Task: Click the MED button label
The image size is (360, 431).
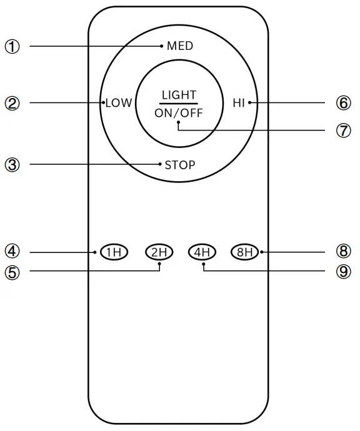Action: click(180, 46)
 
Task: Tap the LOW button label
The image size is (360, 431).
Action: click(119, 103)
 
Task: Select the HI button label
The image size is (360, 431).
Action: click(239, 103)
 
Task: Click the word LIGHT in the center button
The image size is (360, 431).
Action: click(179, 95)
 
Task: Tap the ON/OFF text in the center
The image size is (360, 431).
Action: click(179, 114)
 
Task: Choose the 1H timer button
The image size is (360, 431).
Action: click(114, 252)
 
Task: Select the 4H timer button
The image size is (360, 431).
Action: click(202, 252)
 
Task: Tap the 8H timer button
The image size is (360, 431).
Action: click(244, 252)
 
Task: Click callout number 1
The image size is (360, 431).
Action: click(13, 46)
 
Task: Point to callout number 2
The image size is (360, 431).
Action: click(13, 103)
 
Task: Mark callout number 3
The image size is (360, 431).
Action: click(13, 165)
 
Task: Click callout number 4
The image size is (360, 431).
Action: click(13, 251)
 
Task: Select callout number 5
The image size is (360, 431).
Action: click(13, 272)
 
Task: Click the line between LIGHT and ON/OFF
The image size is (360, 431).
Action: click(179, 104)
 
